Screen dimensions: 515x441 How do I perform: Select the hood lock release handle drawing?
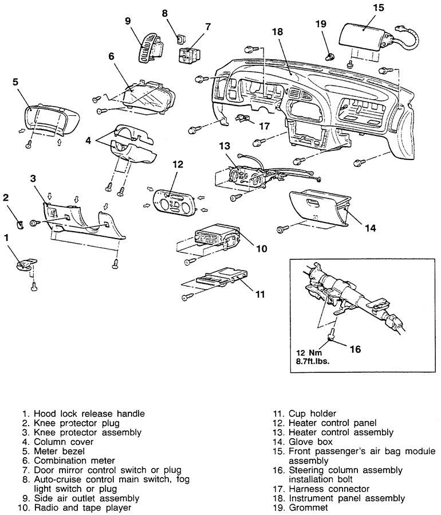point(25,263)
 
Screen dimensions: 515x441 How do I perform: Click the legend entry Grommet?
point(309,508)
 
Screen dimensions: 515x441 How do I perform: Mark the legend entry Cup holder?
point(313,413)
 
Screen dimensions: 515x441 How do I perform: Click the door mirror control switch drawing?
point(188,56)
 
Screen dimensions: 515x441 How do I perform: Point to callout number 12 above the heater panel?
point(178,165)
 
